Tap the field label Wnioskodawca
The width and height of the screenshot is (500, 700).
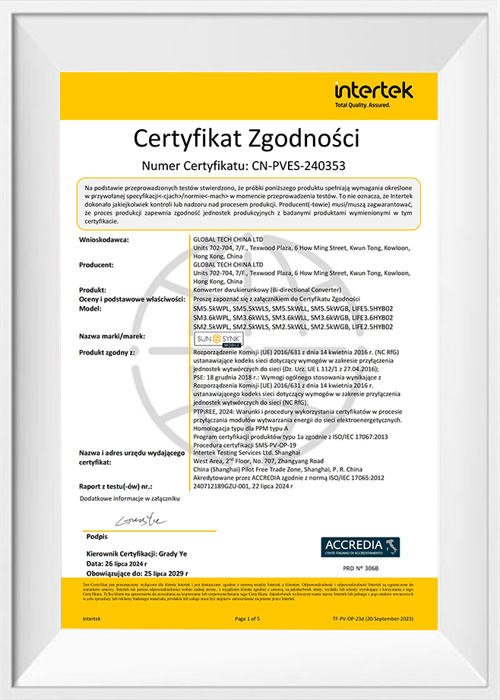[x=105, y=240]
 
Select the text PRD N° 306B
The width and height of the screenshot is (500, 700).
[x=360, y=568]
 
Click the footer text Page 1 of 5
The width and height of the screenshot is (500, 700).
[x=248, y=619]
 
